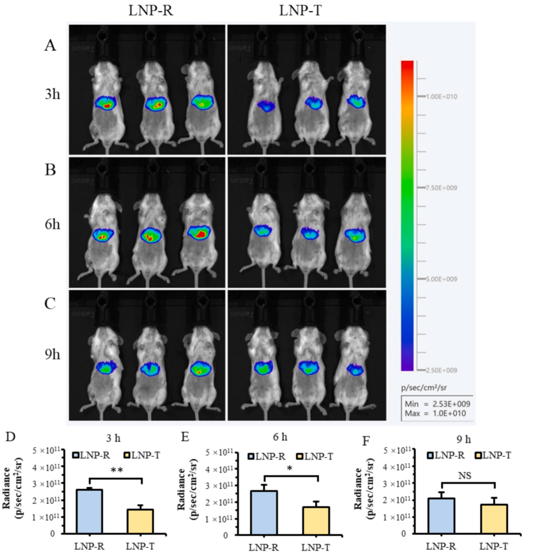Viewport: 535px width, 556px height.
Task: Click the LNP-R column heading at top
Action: (151, 10)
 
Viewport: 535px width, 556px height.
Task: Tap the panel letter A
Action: (50, 46)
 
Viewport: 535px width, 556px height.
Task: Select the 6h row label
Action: (52, 224)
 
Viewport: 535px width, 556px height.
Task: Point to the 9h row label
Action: (52, 354)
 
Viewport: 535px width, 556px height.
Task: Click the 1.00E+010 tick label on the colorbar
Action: (442, 97)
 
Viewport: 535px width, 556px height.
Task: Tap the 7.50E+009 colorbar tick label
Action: (442, 188)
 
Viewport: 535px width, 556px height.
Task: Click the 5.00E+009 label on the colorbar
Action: (442, 279)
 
